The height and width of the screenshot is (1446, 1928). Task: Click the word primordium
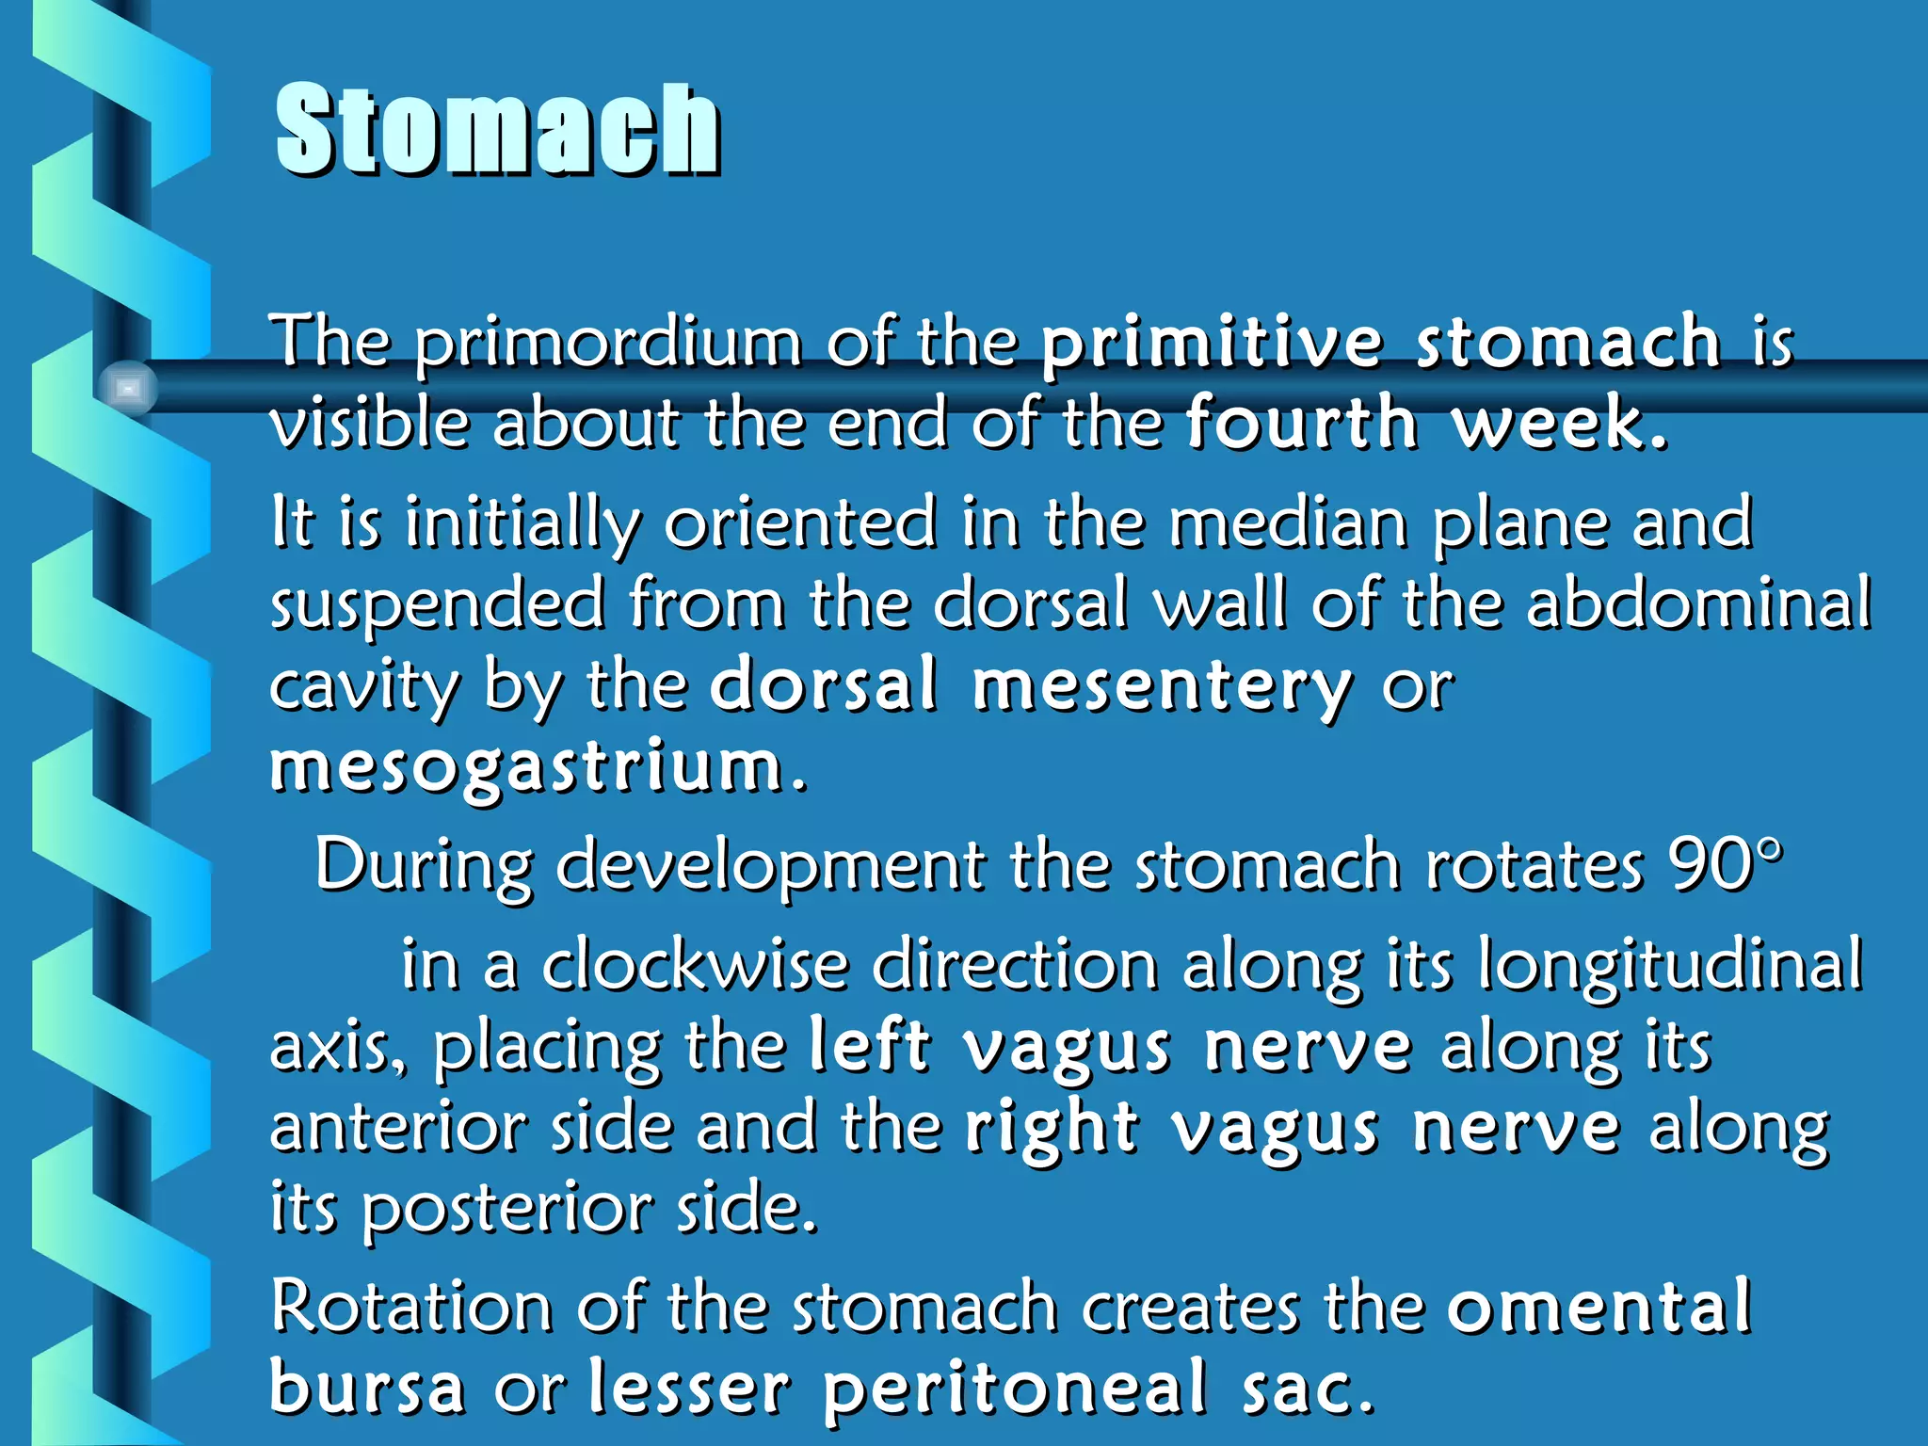click(608, 343)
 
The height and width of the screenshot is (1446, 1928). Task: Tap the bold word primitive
click(1212, 343)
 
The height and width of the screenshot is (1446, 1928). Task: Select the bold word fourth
click(1301, 423)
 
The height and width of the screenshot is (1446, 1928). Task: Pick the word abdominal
click(1698, 603)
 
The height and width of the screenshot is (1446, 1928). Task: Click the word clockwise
click(695, 965)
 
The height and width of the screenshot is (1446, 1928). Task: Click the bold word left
click(871, 1047)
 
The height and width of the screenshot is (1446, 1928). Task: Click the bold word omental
click(1599, 1308)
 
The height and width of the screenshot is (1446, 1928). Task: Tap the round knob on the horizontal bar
click(128, 388)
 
